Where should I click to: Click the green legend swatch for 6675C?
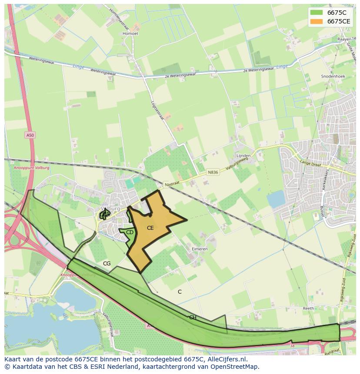(x=317, y=13)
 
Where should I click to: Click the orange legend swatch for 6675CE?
(x=317, y=21)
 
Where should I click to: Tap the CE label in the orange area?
(x=150, y=228)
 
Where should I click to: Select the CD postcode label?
(x=130, y=232)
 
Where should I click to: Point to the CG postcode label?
(x=107, y=264)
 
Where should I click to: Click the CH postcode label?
(x=193, y=318)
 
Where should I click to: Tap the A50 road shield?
(x=30, y=136)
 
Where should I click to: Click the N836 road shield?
(x=213, y=172)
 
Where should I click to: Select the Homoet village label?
(x=130, y=33)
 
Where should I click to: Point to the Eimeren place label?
(x=200, y=249)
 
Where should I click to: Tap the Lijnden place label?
(x=243, y=156)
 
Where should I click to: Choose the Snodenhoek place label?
(x=333, y=76)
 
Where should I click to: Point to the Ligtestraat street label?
(x=157, y=109)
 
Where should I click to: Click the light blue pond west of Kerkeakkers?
(x=275, y=199)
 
